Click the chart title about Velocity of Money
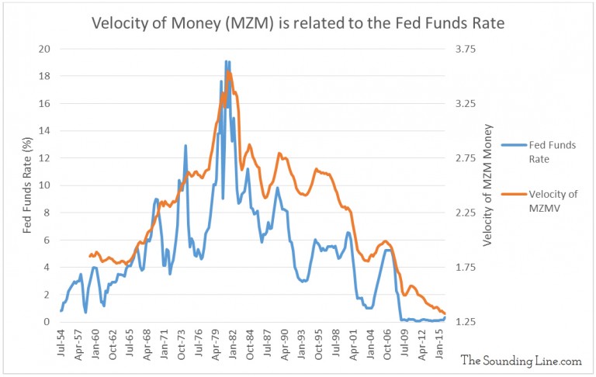pyautogui.click(x=298, y=23)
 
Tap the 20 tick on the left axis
pyautogui.click(x=45, y=49)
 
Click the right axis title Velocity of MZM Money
pyautogui.click(x=488, y=185)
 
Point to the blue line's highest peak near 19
pyautogui.click(x=226, y=61)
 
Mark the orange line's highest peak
pyautogui.click(x=229, y=72)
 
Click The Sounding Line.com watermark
pyautogui.click(x=520, y=361)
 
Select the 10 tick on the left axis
pyautogui.click(x=45, y=185)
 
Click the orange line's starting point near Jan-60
pyautogui.click(x=90, y=255)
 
